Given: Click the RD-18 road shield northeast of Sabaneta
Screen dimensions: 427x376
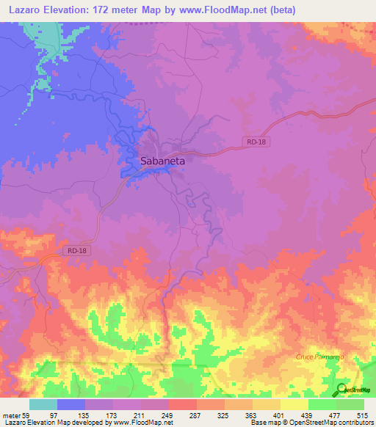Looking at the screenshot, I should pyautogui.click(x=253, y=142).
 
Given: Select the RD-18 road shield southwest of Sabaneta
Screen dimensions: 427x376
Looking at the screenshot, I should pyautogui.click(x=76, y=251).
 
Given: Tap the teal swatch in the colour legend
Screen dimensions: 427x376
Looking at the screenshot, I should pyautogui.click(x=43, y=404).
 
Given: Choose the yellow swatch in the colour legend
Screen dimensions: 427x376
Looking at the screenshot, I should pyautogui.click(x=294, y=404).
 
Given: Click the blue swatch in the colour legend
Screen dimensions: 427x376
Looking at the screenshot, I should pyautogui.click(x=71, y=404).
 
